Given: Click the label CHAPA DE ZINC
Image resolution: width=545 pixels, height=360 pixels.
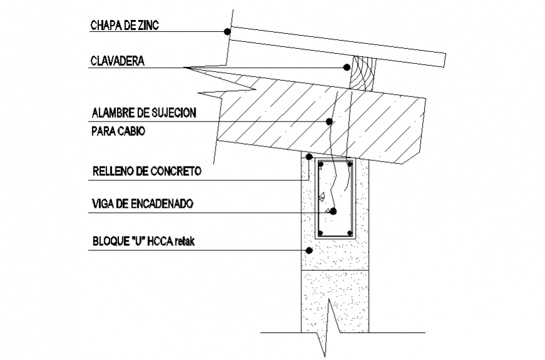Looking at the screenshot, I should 125,26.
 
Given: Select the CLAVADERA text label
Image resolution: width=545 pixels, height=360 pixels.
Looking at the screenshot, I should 118,61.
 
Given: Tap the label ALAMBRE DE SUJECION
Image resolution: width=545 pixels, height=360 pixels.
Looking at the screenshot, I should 144,113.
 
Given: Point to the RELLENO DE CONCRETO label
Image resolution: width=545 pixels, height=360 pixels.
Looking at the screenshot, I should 146,171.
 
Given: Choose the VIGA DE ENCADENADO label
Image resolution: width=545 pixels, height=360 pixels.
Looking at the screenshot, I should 142,204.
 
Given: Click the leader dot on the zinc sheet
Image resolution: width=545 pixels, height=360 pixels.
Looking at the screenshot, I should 227,31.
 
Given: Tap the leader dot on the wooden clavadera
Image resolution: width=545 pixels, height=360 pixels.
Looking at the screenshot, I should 346,67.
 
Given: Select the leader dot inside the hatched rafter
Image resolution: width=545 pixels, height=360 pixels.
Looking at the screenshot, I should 330,122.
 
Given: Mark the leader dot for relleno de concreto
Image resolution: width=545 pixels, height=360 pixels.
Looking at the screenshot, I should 309,156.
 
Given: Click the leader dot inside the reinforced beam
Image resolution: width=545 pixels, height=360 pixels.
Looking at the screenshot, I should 333,212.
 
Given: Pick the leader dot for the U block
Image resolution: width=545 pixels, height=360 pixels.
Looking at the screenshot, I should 308,250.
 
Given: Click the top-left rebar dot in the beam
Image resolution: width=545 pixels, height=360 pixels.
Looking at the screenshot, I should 321,165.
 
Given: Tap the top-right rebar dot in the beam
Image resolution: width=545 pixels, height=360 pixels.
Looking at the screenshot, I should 348,165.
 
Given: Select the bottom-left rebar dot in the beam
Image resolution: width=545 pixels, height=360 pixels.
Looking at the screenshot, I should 321,233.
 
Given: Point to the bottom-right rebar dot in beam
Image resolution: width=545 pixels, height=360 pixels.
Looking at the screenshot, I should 348,233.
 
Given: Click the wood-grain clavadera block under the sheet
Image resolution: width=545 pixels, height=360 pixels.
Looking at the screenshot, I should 361,74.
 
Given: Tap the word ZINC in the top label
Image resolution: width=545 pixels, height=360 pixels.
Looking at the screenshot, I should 150,26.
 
